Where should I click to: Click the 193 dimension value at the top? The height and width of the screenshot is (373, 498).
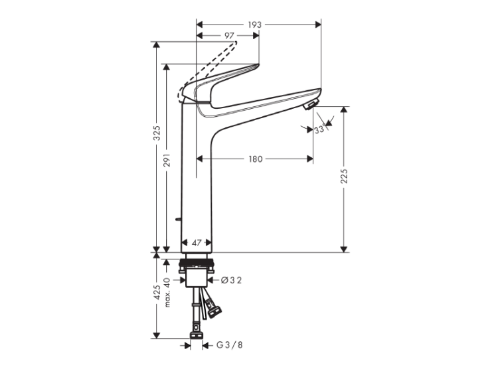point(255,25)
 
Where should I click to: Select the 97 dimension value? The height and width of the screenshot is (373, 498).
point(229,36)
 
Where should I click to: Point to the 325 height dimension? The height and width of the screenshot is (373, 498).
point(157,133)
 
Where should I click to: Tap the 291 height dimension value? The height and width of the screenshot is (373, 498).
point(167,160)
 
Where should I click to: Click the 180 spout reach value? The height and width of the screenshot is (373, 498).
point(256,159)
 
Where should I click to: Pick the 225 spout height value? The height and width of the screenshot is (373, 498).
point(344,176)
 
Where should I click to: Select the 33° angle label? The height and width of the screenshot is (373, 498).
point(319,129)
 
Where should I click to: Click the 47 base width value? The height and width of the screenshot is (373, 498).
point(197,243)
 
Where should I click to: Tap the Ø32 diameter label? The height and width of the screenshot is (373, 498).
point(232,280)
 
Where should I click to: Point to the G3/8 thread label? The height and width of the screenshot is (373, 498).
point(229,344)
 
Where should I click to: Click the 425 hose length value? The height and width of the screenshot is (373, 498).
point(157,292)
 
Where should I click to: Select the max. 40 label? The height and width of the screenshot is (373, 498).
point(167,293)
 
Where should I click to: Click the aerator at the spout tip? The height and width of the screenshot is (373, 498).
point(311,105)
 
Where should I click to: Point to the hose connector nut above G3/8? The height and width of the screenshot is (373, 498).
point(197,335)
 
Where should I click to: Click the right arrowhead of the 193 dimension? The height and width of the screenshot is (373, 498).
point(318,25)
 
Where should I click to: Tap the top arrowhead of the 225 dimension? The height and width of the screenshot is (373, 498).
point(344,110)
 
